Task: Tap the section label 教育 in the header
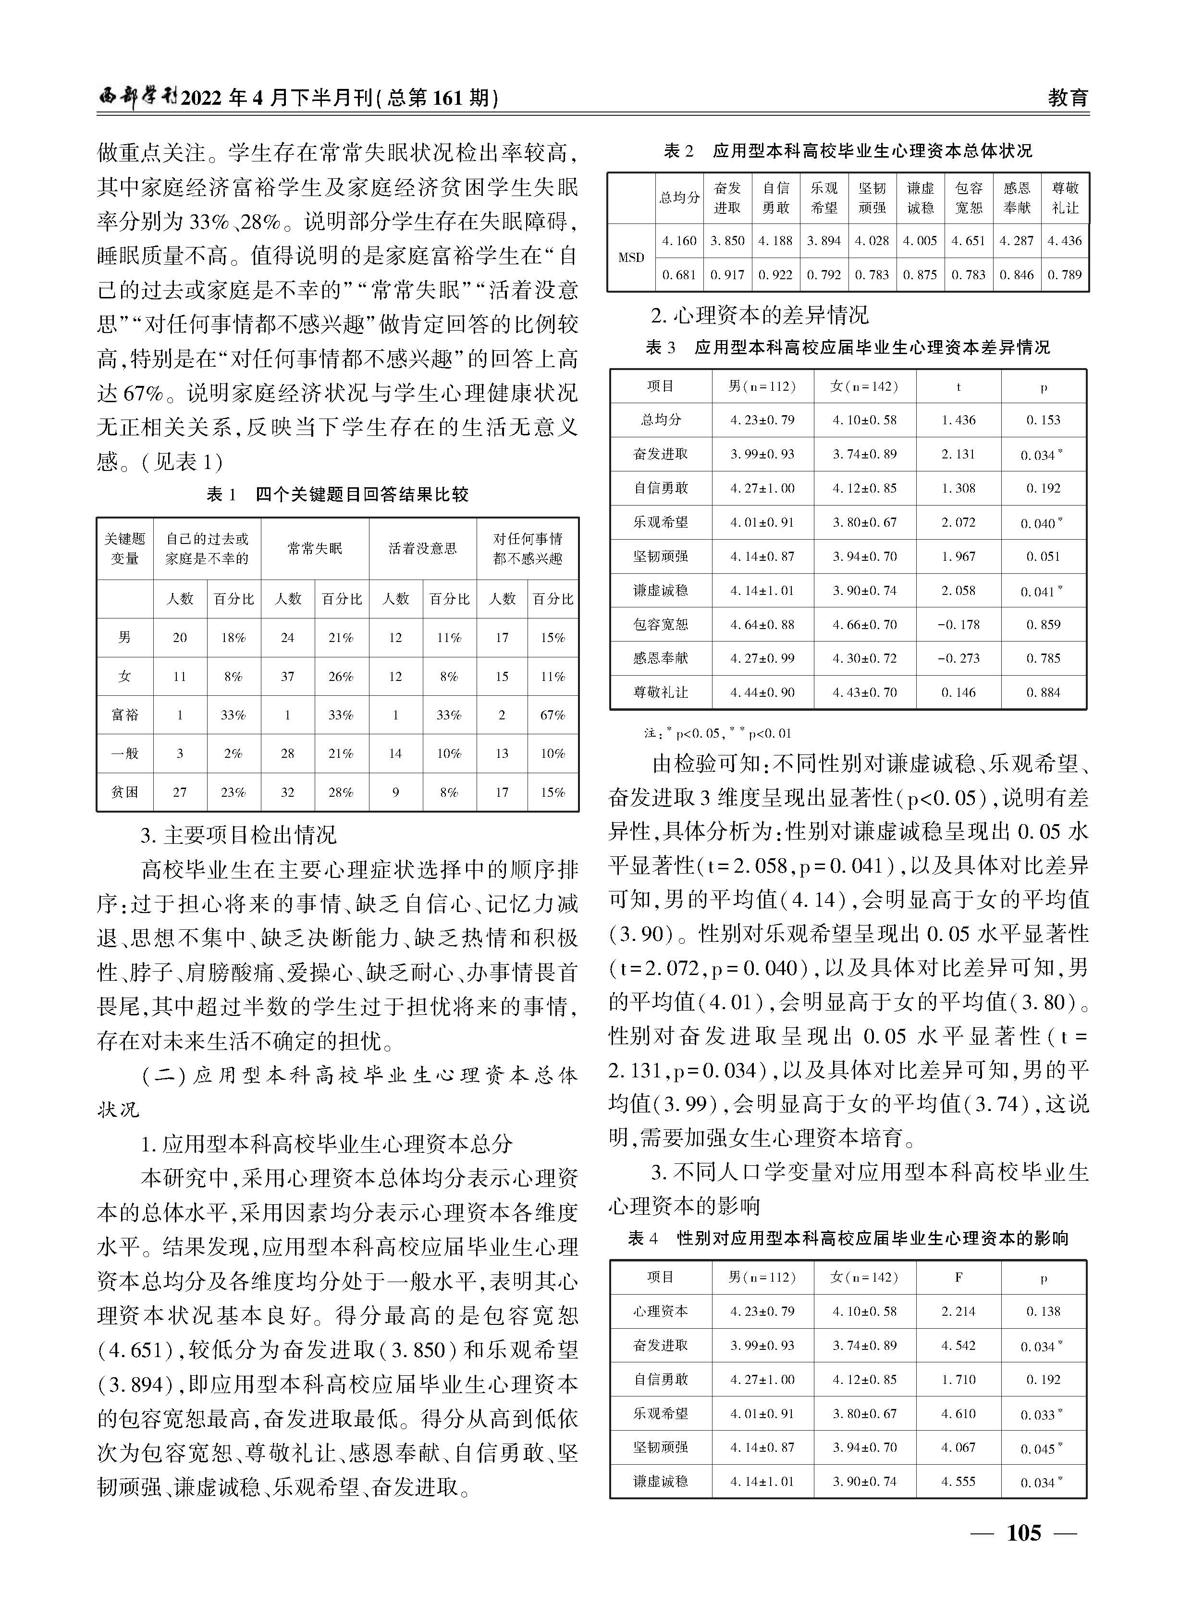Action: click(x=1068, y=98)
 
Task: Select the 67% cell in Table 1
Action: click(x=553, y=715)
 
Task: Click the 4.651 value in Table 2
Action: click(x=968, y=241)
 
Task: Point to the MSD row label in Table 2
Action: click(x=631, y=258)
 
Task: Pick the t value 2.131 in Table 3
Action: click(x=958, y=454)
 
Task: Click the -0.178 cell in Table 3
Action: click(x=958, y=624)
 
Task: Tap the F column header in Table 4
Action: click(x=958, y=1277)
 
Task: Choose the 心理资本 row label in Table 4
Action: click(x=660, y=1311)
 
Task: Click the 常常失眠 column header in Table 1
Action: click(x=315, y=548)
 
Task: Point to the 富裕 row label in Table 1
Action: click(x=125, y=715)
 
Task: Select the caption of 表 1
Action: click(x=338, y=494)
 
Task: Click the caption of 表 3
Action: click(x=848, y=348)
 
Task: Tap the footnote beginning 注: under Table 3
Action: click(x=718, y=733)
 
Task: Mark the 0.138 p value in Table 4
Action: click(x=1044, y=1311)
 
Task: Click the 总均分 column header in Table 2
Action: click(x=679, y=198)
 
